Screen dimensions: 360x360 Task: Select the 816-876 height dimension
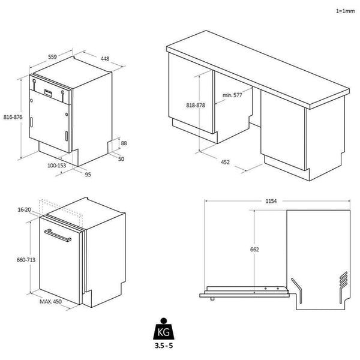click(13, 117)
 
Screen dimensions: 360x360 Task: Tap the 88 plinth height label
click(124, 143)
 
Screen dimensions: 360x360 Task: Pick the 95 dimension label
click(88, 175)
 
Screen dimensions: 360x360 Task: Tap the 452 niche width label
click(225, 162)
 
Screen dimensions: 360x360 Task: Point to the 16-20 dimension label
click(25, 210)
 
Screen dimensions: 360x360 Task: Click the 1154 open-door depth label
click(270, 202)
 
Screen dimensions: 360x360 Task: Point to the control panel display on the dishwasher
click(48, 92)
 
